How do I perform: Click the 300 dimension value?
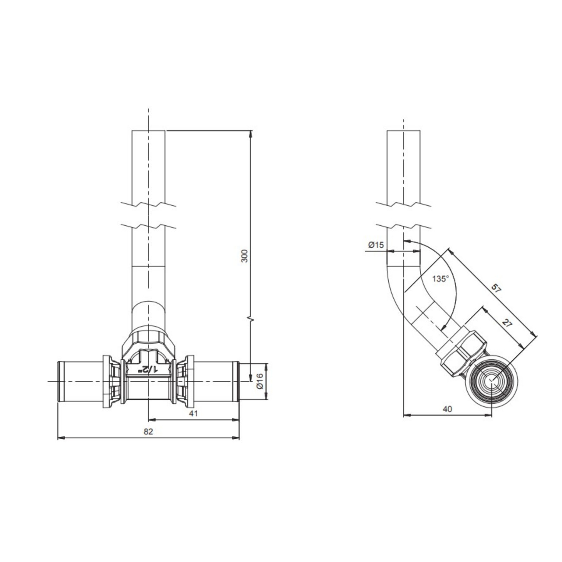[245, 256]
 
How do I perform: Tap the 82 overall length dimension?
[148, 431]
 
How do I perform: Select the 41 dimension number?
[193, 413]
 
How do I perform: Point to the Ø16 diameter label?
[260, 381]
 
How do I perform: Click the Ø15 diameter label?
[376, 245]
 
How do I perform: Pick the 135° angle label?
[441, 279]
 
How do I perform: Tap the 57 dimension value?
[495, 288]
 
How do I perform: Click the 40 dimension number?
[447, 409]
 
